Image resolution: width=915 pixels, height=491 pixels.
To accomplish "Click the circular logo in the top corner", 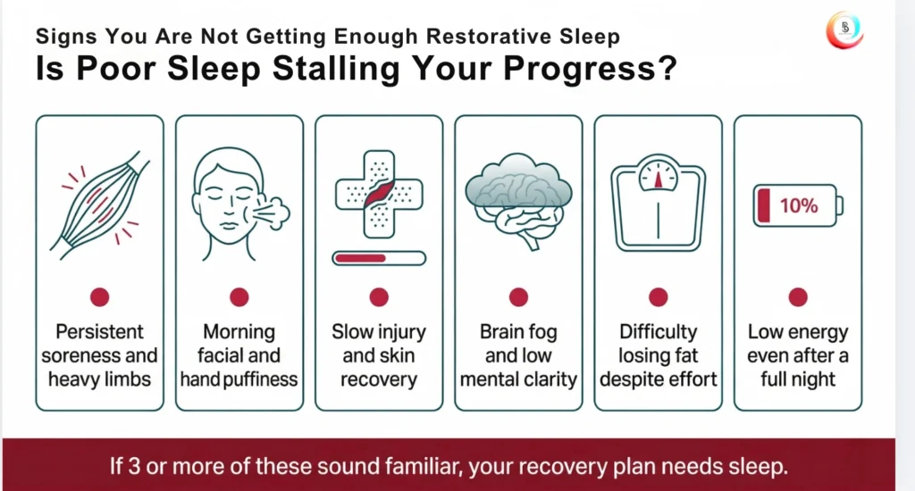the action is [x=844, y=29].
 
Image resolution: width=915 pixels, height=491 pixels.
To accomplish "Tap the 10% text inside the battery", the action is [x=798, y=206].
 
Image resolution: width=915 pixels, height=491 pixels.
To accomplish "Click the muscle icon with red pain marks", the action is [x=100, y=204].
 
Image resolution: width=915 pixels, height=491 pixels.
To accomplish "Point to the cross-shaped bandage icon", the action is [x=379, y=195].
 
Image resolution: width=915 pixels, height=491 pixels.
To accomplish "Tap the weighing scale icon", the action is [x=659, y=203].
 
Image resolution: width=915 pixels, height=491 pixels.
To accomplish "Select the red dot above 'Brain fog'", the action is [x=518, y=297].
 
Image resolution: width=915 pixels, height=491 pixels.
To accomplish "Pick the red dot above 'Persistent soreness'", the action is [x=100, y=297].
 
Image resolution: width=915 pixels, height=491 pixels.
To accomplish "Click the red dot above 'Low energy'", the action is [x=798, y=297].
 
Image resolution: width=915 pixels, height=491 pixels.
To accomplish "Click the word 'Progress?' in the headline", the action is [x=590, y=69].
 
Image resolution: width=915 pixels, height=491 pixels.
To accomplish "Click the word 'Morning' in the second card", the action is [x=239, y=332].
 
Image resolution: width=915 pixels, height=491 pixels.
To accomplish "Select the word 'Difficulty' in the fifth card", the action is [x=659, y=332].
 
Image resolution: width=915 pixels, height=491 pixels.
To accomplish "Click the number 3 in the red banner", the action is [x=134, y=467].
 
